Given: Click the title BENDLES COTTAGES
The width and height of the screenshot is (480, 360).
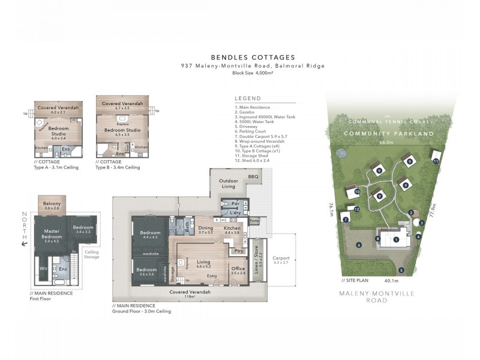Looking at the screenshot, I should click(253, 57).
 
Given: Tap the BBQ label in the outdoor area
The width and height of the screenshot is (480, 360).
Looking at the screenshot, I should click(253, 177).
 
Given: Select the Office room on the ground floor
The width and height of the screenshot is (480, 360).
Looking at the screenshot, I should click(238, 270).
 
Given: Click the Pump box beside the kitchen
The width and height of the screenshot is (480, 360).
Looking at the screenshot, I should click(254, 221).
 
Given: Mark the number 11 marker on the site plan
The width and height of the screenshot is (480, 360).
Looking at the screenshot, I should click(436, 161).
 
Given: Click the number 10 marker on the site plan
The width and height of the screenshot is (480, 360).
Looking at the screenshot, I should click(356, 191).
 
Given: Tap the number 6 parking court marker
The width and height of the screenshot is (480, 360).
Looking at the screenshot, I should click(359, 245).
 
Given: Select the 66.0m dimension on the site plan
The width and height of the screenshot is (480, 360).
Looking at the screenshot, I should click(386, 143).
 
